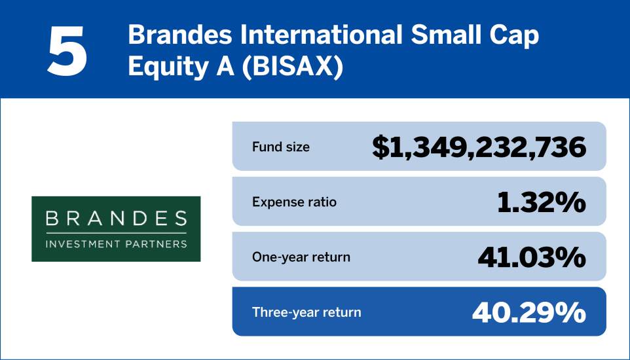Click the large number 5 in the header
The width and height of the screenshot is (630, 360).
(67, 51)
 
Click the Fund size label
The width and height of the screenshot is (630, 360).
(281, 147)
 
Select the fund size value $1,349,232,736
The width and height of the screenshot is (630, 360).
(479, 147)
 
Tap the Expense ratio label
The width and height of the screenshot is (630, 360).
(294, 202)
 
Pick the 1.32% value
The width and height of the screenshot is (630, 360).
(540, 203)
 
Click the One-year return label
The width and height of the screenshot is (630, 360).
(301, 257)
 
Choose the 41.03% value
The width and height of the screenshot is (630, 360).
(531, 257)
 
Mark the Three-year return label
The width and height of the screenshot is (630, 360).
(306, 312)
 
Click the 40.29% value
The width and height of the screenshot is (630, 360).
(528, 312)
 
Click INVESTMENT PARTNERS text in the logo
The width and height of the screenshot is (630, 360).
(116, 243)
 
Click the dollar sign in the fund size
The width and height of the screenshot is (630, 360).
(380, 148)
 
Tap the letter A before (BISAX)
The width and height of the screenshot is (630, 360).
(219, 67)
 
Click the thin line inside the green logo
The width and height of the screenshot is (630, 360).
(116, 232)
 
